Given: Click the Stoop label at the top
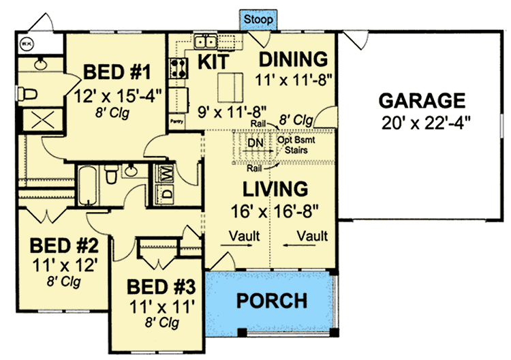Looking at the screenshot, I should tap(257, 20).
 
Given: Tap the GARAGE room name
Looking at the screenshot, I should tap(422, 101).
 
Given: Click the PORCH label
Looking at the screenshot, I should tap(271, 300).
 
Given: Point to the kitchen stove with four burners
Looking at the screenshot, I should tap(179, 68).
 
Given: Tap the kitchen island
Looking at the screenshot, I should tap(230, 86).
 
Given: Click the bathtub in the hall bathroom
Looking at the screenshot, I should tap(88, 184).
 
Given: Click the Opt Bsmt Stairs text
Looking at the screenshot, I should tap(295, 146).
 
